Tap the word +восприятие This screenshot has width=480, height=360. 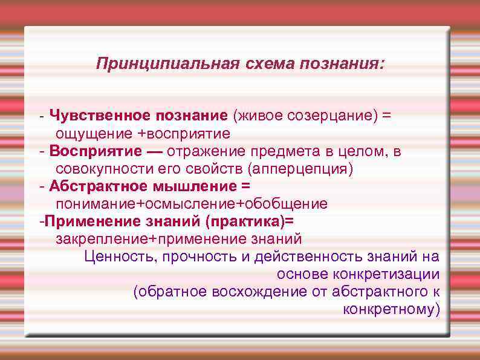pos(184,133)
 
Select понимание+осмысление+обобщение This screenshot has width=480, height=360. pos(192,203)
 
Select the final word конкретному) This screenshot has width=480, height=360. pos(391,310)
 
